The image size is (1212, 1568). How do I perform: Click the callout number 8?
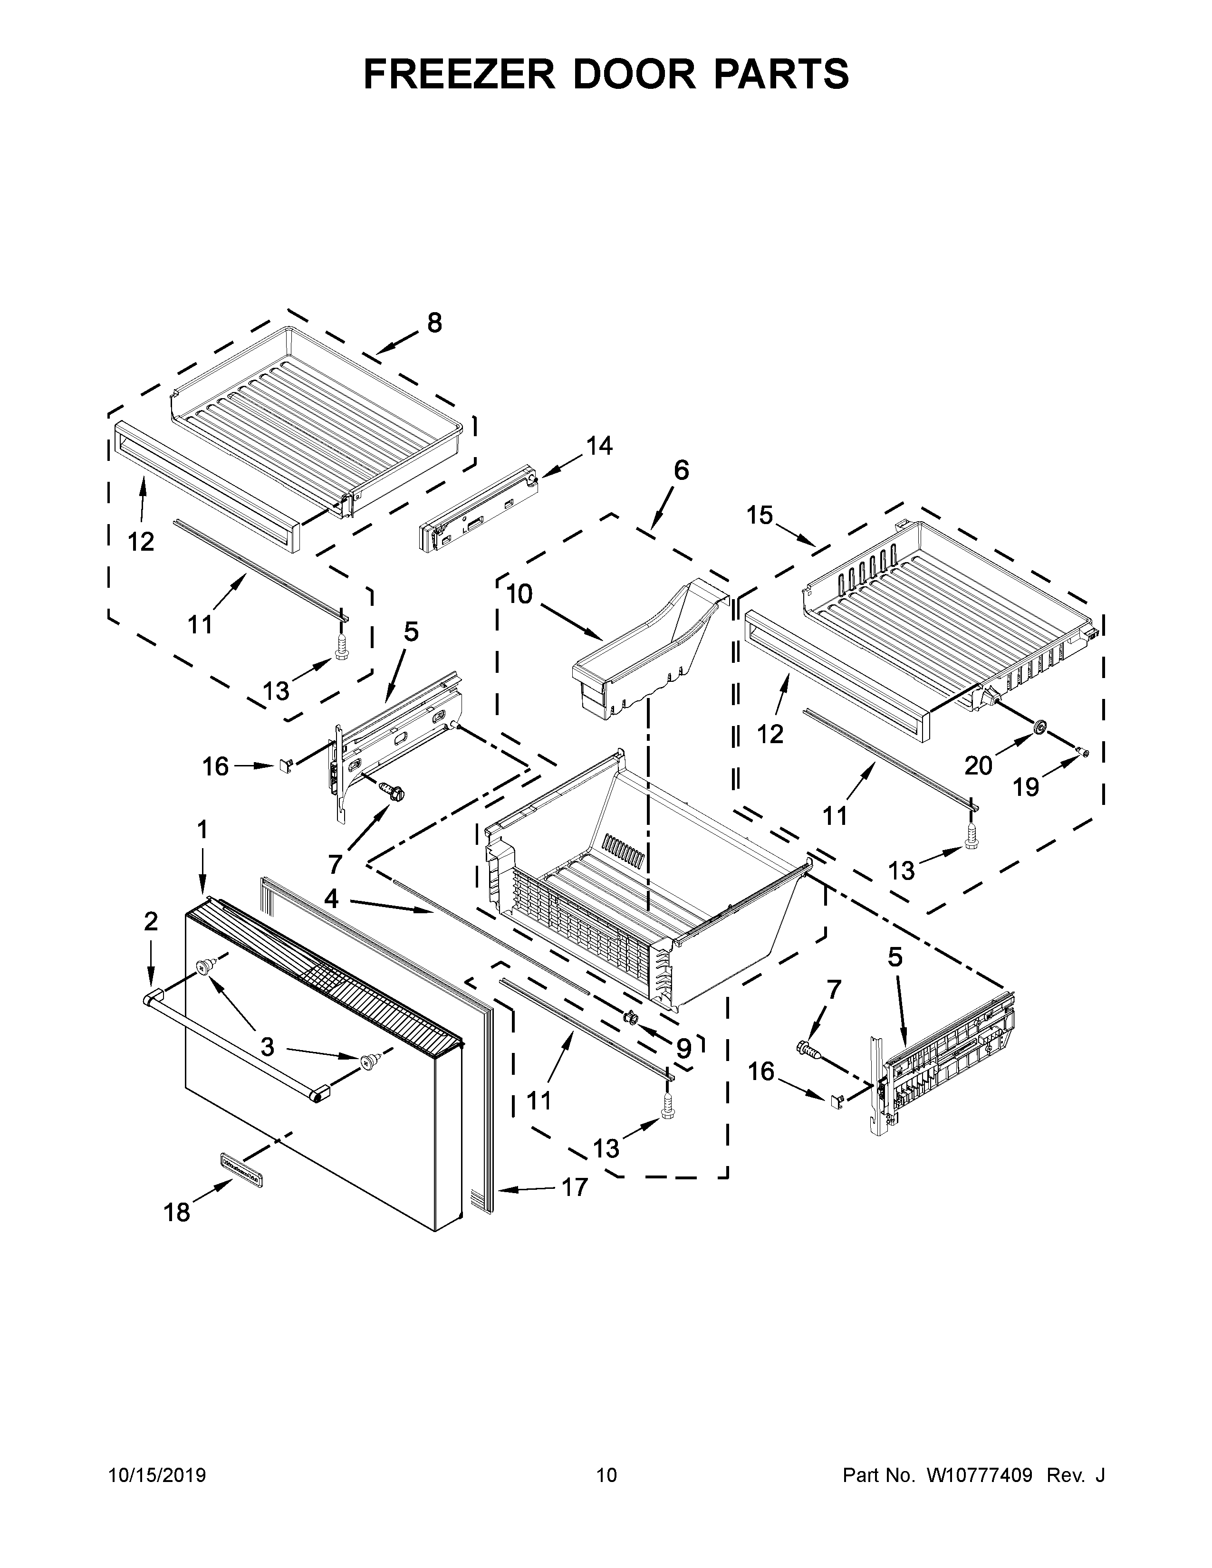coord(434,323)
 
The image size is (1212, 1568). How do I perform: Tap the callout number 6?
coord(681,470)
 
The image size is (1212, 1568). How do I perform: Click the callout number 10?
coord(519,594)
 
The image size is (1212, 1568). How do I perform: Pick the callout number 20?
coord(978,765)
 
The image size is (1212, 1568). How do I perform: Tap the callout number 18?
coord(177,1213)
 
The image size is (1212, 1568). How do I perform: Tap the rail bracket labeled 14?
coord(478,510)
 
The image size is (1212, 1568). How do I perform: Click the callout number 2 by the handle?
coord(150,921)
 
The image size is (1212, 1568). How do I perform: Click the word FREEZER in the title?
coord(460,74)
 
